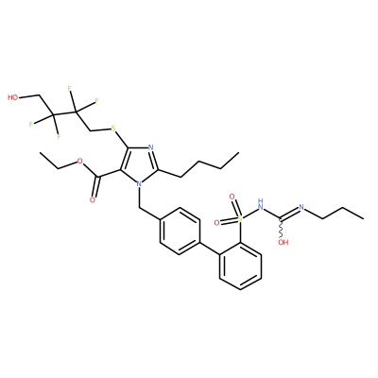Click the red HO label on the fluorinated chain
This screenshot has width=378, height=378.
13,97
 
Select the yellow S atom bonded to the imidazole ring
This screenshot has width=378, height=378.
113,129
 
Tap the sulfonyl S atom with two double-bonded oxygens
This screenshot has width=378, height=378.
240,217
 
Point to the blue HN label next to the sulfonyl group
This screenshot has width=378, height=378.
260,204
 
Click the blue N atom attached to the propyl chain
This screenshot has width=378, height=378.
301,207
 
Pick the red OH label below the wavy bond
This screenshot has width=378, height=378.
283,242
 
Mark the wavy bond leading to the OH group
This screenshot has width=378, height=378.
281,228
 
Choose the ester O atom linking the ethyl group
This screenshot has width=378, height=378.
79,162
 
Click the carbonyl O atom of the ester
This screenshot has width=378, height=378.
93,200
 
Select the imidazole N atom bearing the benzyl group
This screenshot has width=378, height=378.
138,183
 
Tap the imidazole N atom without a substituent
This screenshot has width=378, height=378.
150,147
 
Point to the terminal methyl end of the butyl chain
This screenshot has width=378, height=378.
238,153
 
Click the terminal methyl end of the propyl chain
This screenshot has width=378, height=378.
364,217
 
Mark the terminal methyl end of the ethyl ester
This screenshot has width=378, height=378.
41,153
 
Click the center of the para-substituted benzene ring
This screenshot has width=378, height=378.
180,231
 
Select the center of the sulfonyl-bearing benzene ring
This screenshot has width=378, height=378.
241,266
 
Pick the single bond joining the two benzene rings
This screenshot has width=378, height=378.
210,249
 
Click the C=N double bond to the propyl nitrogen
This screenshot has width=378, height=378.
289,213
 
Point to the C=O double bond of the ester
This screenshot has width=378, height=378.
96,187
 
